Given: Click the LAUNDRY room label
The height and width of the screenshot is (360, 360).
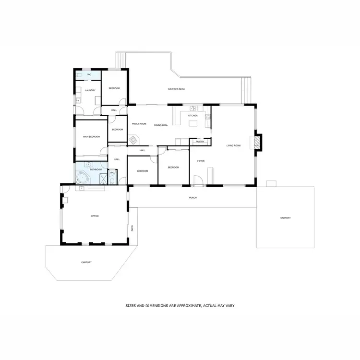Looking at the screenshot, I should coord(90,90).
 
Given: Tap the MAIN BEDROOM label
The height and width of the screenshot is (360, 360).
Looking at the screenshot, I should coord(91,137).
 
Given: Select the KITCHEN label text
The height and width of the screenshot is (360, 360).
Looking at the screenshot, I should coord(192,116).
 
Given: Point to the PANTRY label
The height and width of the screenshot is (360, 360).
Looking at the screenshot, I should coord(200,142).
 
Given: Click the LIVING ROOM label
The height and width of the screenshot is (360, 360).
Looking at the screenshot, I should coord(233,145).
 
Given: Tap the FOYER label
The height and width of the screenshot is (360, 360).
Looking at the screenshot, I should coord(201,161).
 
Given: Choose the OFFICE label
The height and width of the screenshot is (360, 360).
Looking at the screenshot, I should coord(95,216).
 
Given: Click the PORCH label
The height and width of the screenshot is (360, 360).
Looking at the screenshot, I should coord(192,198).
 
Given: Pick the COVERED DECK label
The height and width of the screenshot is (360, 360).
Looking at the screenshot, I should coord(176,89).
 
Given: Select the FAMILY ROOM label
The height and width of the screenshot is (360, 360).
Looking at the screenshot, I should coord(139,124).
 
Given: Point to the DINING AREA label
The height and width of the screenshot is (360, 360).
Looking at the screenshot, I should coord(161,125).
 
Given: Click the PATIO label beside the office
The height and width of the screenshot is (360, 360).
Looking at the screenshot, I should coord(132,228).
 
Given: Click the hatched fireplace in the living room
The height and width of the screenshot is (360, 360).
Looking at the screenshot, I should coord(258,142).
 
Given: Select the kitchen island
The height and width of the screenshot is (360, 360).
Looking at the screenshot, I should coord(193,124).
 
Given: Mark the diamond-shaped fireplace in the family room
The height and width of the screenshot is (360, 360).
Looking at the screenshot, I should coord(133,140).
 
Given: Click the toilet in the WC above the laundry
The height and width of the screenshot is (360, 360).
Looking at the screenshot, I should coord(79,75).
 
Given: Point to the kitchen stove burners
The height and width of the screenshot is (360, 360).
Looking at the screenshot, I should coord(207,116).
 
